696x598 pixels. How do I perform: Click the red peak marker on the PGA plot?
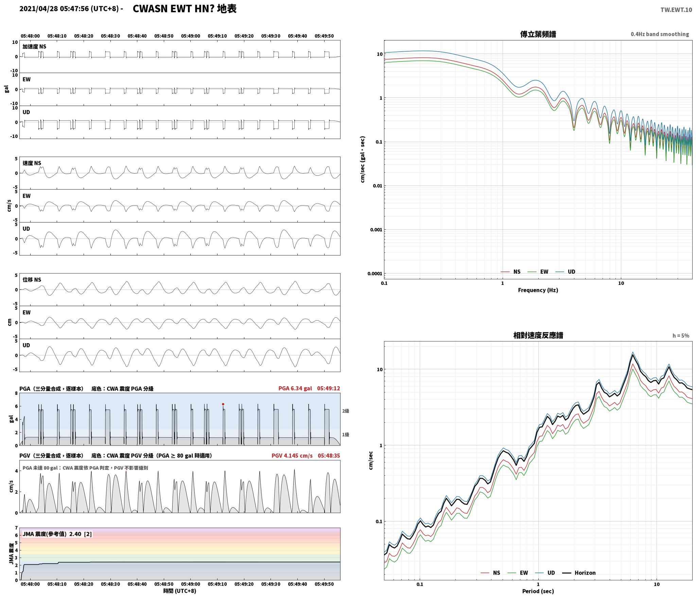(x=223, y=404)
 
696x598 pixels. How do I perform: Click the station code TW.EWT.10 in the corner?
(x=676, y=10)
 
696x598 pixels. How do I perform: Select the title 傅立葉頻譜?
(x=538, y=34)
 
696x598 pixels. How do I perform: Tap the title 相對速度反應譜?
(x=538, y=335)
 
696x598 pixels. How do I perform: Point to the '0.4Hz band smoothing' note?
(x=660, y=34)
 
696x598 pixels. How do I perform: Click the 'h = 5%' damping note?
(x=681, y=336)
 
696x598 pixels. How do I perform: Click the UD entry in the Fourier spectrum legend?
(x=565, y=271)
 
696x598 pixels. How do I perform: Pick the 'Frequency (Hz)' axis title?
(x=538, y=290)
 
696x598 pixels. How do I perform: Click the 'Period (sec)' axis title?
(x=538, y=592)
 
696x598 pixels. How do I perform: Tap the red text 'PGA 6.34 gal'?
(x=295, y=388)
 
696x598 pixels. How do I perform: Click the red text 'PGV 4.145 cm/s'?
(x=292, y=456)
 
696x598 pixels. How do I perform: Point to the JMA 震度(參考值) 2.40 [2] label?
(x=57, y=534)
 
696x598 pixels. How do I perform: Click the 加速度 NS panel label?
(x=34, y=47)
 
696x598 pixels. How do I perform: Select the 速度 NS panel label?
(x=32, y=163)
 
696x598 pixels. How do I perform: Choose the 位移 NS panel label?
(x=32, y=280)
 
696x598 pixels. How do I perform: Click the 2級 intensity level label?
(x=346, y=411)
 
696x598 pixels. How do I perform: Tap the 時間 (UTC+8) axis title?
(x=179, y=591)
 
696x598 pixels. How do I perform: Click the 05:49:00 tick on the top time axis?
(x=190, y=36)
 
